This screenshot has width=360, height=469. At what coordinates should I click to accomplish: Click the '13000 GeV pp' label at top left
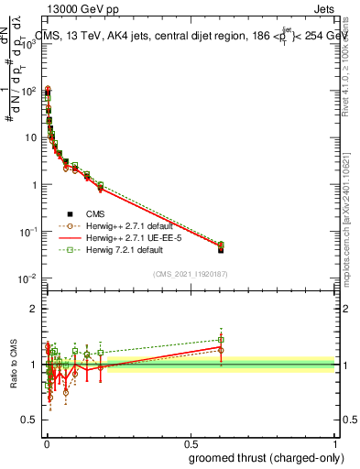(x=78, y=8)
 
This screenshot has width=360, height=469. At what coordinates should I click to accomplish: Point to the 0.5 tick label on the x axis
(x=191, y=442)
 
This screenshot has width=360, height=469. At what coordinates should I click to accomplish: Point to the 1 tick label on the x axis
(x=336, y=442)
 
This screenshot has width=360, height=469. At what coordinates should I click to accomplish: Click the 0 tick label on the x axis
(x=46, y=442)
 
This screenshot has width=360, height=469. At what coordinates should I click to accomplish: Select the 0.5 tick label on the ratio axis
(x=29, y=420)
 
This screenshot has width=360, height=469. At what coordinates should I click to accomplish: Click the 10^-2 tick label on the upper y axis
(x=27, y=278)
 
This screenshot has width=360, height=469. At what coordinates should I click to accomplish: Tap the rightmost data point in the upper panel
(x=221, y=248)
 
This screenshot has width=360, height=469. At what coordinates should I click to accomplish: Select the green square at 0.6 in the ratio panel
(x=221, y=339)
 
